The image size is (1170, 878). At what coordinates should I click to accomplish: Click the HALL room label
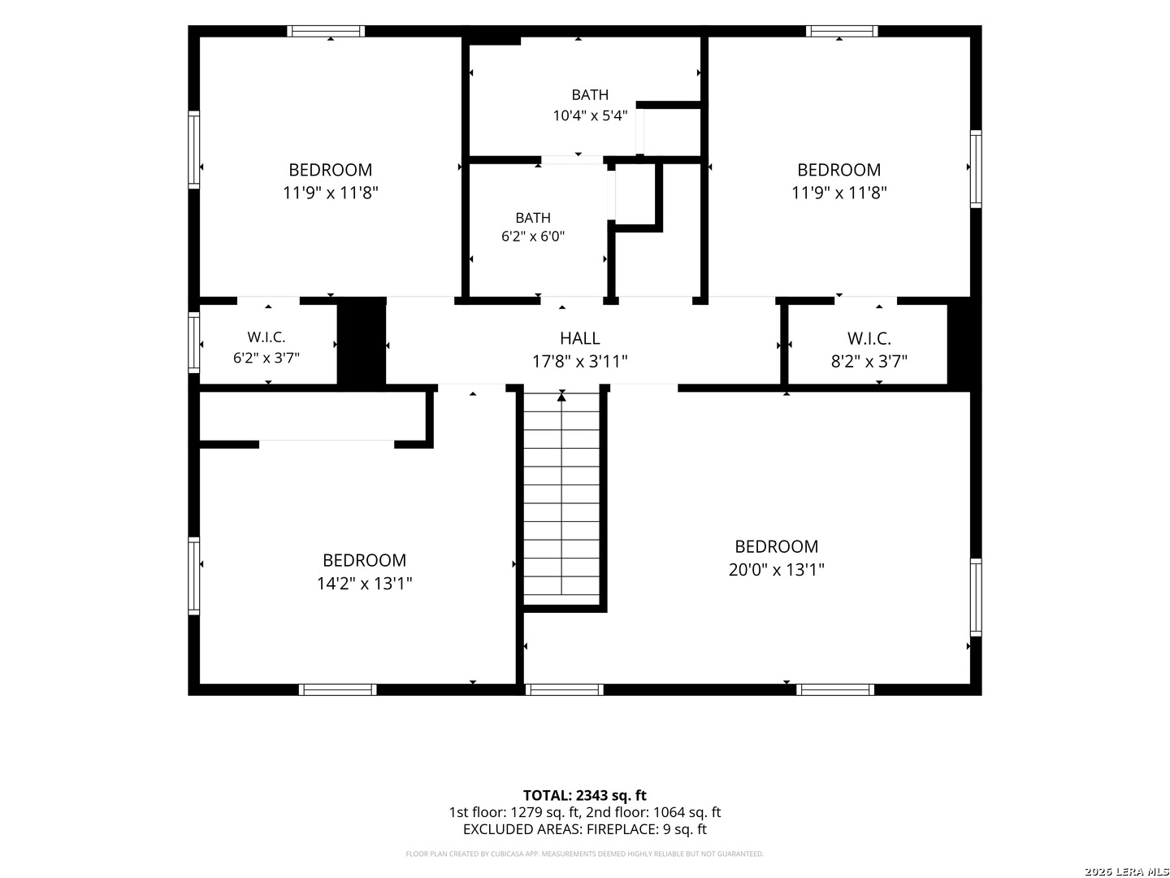(x=579, y=338)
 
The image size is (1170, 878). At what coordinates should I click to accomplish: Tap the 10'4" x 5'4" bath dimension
(x=590, y=115)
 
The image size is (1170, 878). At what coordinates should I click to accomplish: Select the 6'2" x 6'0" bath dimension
(x=532, y=236)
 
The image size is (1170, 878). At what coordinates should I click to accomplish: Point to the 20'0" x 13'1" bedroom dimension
(x=776, y=570)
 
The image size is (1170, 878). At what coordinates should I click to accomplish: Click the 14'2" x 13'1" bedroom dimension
(x=365, y=584)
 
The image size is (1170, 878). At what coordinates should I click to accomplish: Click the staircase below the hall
(x=561, y=498)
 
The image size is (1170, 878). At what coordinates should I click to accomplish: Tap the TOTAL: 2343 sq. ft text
(x=584, y=795)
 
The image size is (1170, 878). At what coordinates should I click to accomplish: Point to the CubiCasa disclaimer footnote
(x=584, y=854)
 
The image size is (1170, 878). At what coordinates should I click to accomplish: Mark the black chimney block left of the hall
(x=362, y=344)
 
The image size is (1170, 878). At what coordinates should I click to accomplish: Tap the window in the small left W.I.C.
(x=193, y=342)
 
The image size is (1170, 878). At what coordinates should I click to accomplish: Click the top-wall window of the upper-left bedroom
(x=326, y=31)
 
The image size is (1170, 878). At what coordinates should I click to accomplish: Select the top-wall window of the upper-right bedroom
(x=841, y=31)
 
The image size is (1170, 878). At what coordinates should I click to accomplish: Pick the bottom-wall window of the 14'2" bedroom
(x=337, y=689)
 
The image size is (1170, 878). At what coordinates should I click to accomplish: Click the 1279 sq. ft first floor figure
(x=544, y=812)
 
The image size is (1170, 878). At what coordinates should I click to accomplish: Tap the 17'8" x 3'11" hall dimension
(x=579, y=362)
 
